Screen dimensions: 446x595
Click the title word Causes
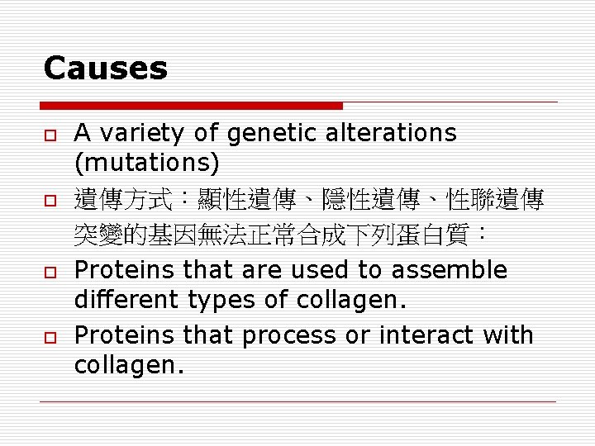pos(105,68)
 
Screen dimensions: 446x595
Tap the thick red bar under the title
pos(191,106)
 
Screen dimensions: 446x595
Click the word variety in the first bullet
pos(141,132)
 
